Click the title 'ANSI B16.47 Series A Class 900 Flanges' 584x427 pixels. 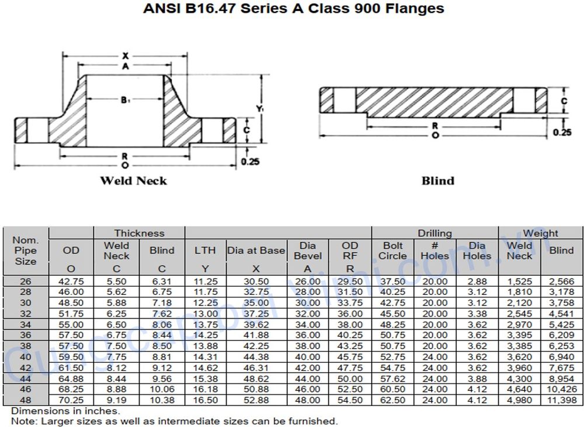(x=293, y=9)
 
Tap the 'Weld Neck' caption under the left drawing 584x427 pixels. (x=133, y=180)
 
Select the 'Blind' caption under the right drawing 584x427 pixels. (x=437, y=180)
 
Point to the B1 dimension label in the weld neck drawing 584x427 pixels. (x=125, y=100)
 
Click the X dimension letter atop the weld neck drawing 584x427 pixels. (x=125, y=56)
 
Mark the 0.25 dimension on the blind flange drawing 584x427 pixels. (x=562, y=133)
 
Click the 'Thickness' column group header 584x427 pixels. (x=139, y=233)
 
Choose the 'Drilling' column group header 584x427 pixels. (x=434, y=233)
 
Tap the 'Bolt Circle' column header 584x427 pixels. (x=392, y=251)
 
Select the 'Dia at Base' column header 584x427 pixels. (x=256, y=251)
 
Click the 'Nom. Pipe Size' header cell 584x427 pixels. (x=26, y=251)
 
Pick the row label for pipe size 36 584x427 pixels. (x=26, y=335)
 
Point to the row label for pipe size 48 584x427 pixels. (x=26, y=400)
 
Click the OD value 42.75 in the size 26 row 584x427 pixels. (x=71, y=282)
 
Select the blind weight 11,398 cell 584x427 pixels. (x=561, y=400)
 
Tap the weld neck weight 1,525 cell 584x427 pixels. (x=519, y=282)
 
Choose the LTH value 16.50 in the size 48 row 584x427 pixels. (x=206, y=400)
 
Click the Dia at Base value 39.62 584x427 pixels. (x=256, y=325)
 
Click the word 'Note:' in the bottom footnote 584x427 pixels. (x=23, y=421)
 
